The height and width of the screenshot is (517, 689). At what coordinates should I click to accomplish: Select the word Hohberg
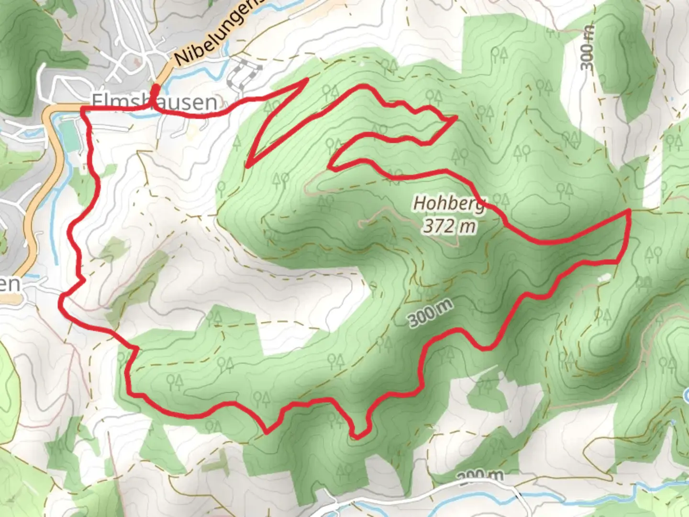tap(449, 203)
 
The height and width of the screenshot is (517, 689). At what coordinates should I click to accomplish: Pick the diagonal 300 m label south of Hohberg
tap(430, 314)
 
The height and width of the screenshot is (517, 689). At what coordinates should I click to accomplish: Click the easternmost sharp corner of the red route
tap(628, 211)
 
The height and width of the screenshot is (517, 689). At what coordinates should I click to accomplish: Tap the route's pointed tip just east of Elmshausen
tap(306, 81)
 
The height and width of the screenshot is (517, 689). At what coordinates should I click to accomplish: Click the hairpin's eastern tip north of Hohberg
tap(456, 117)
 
